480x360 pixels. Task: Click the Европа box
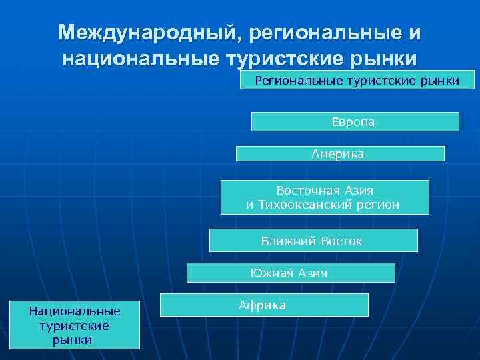pos(354,122)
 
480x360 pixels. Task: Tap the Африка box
pos(263,305)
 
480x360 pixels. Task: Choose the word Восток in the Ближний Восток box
pos(341,241)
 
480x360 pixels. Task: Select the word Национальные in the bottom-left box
pos(74,311)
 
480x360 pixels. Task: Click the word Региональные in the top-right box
pos(298,81)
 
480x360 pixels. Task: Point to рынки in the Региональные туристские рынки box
pos(439,81)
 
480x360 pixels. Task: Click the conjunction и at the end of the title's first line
pos(414,33)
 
